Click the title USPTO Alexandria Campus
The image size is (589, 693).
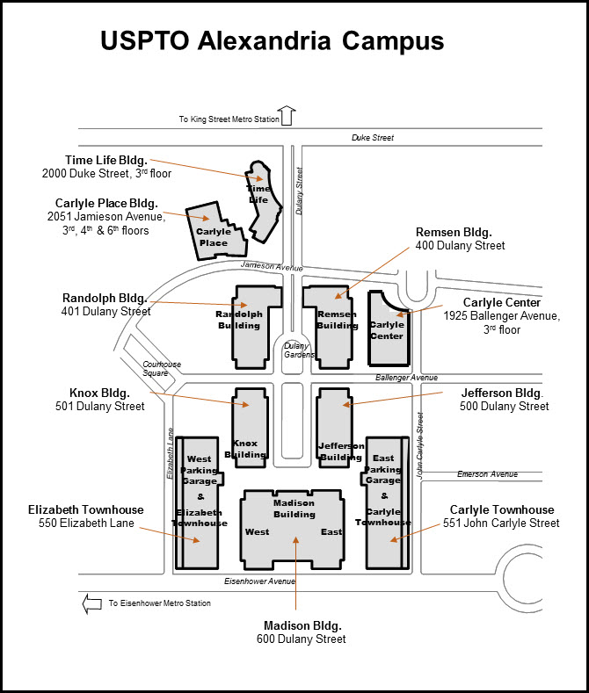pyautogui.click(x=272, y=41)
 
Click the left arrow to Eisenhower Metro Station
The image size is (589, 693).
pyautogui.click(x=91, y=603)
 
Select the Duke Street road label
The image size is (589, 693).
pyautogui.click(x=373, y=138)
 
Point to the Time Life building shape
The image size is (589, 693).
pyautogui.click(x=263, y=198)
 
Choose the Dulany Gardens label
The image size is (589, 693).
pyautogui.click(x=299, y=350)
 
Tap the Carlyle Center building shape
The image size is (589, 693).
pyautogui.click(x=387, y=330)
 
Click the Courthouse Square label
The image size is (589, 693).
pyautogui.click(x=161, y=369)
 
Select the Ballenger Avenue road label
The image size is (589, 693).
pyautogui.click(x=406, y=378)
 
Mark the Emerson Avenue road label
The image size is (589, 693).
pyautogui.click(x=487, y=474)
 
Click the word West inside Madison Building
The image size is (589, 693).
pyautogui.click(x=257, y=532)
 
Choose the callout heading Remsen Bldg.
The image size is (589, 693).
pyautogui.click(x=454, y=232)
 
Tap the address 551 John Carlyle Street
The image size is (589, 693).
pyautogui.click(x=501, y=523)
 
